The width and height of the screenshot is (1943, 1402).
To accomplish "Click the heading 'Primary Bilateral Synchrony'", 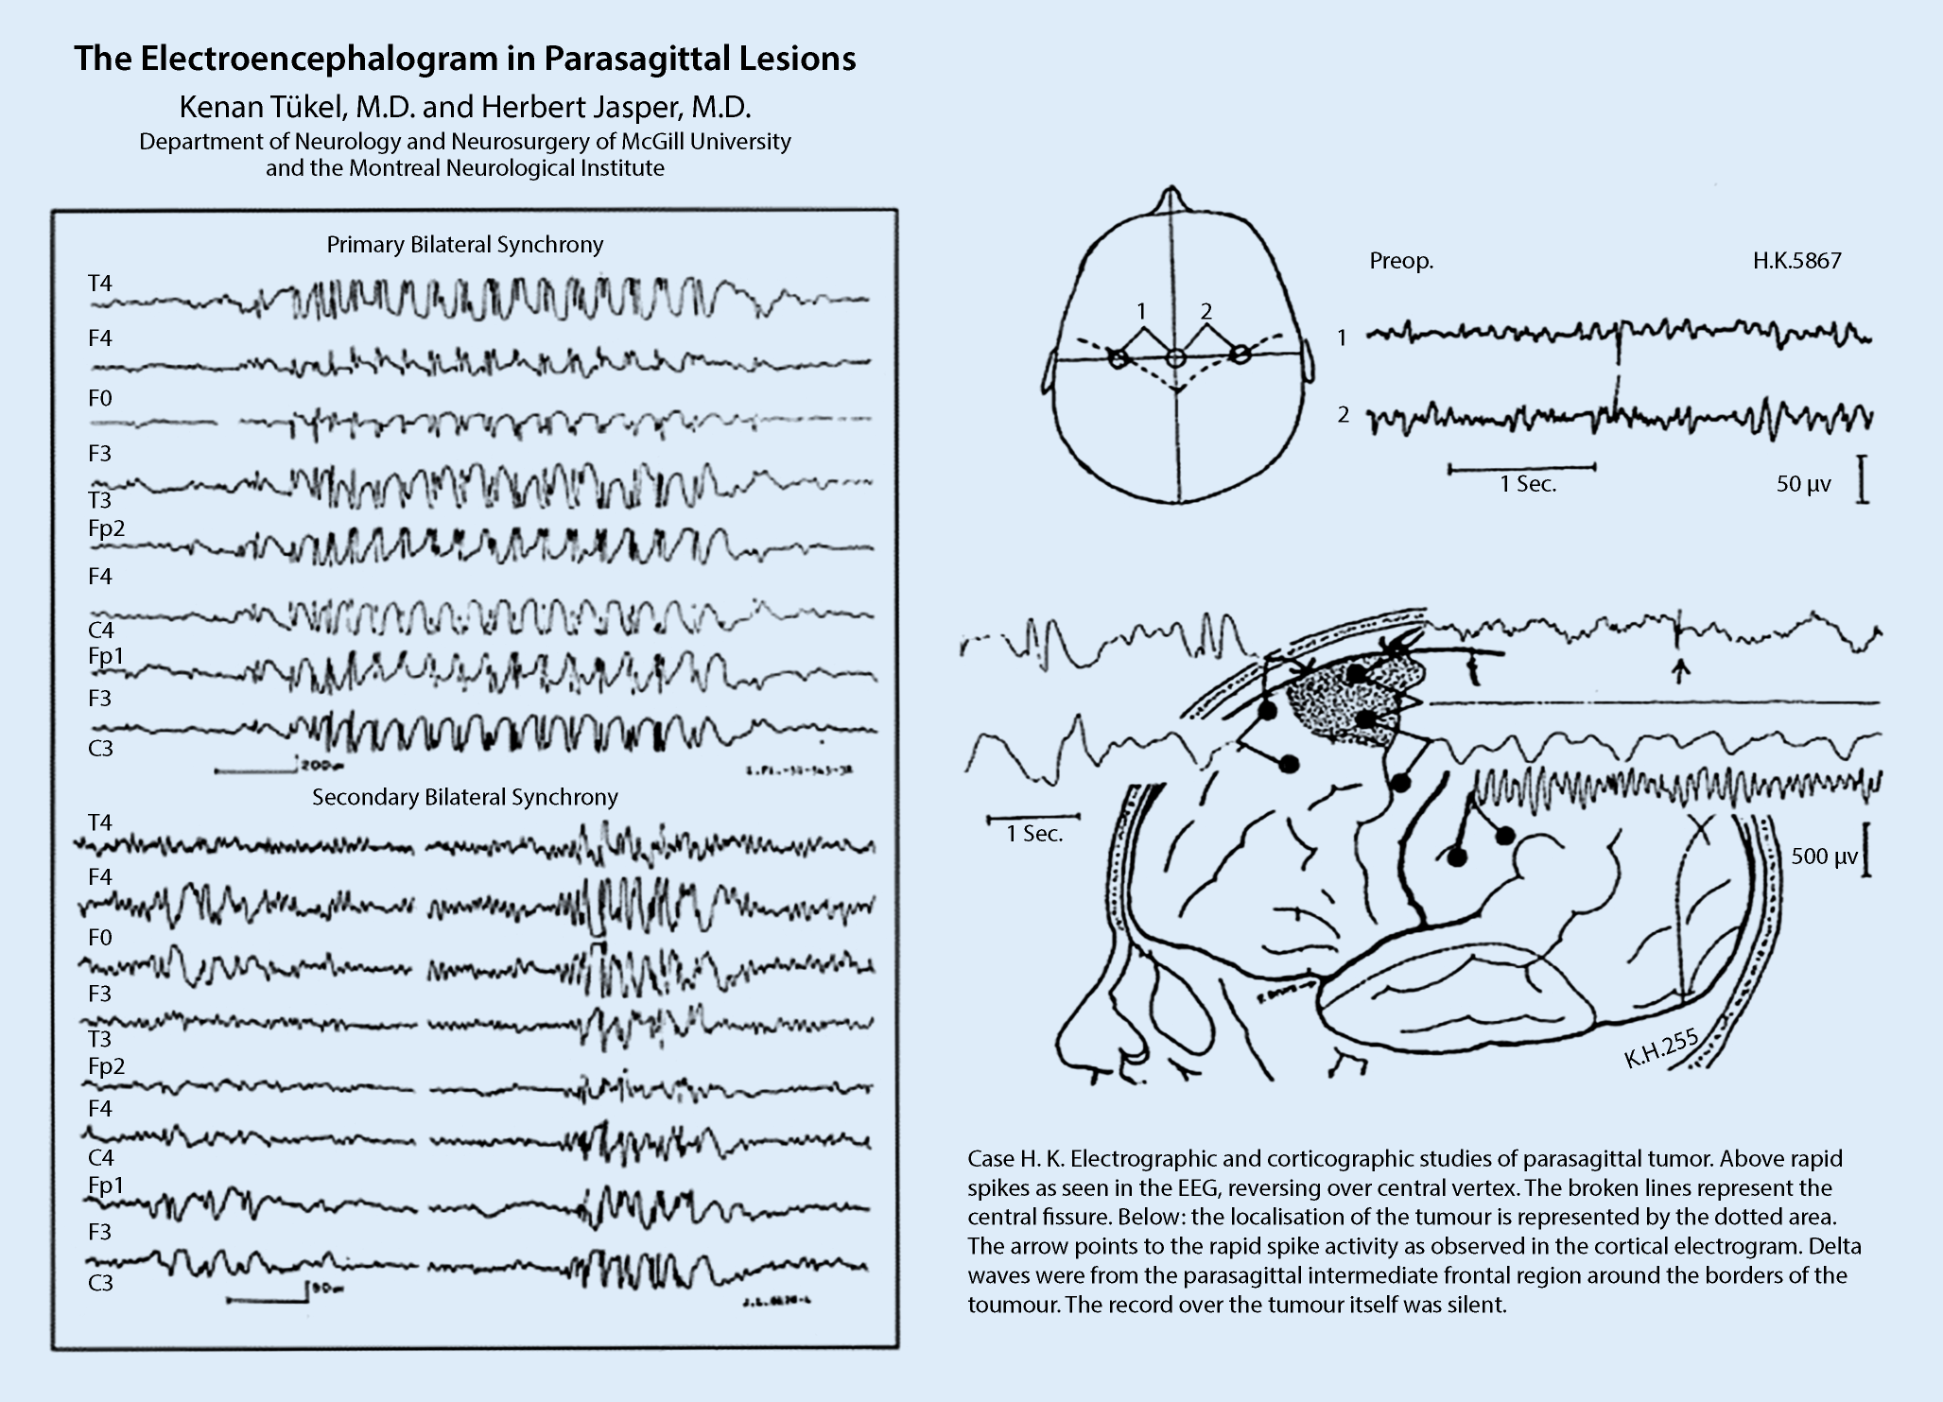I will click(x=464, y=245).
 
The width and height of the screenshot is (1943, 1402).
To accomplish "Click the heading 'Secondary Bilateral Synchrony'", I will click(x=464, y=798).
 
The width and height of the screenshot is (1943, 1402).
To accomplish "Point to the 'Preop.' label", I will click(x=1401, y=262).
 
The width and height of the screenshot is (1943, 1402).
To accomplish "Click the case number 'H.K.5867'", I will click(x=1796, y=262).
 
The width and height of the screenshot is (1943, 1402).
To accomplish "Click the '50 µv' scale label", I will click(x=1803, y=485).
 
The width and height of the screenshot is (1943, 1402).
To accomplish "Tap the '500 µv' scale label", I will click(x=1824, y=857).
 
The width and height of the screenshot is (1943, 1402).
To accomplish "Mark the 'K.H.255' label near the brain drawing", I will click(x=1661, y=1049).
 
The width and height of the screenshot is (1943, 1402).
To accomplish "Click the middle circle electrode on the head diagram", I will click(x=1174, y=357).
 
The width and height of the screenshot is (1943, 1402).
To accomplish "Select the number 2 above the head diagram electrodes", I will click(x=1206, y=311).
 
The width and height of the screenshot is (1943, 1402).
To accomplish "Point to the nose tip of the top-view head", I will click(x=1171, y=193).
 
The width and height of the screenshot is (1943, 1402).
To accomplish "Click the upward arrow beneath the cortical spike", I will click(x=1679, y=670).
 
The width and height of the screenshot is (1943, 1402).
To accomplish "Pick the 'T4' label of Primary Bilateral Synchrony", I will click(x=99, y=284).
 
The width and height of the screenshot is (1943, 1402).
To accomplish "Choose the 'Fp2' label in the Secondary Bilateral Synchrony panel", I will click(x=106, y=1066).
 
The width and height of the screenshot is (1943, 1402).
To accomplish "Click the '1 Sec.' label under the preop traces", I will click(x=1527, y=485).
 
